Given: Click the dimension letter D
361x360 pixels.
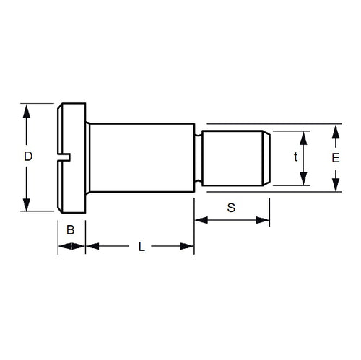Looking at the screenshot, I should coord(27,157).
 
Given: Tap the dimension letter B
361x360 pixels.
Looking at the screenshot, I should coord(71,230).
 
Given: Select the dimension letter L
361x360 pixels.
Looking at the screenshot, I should coord(142,246).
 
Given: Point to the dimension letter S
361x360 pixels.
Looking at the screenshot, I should coord(231,208).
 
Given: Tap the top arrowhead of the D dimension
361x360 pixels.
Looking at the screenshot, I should coord(27,110).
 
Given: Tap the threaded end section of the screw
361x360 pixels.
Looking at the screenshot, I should coord(235,157).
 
